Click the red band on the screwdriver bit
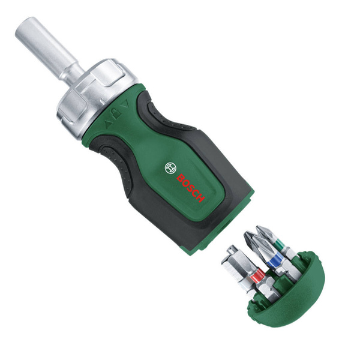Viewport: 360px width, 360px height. [x=259, y=277]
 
